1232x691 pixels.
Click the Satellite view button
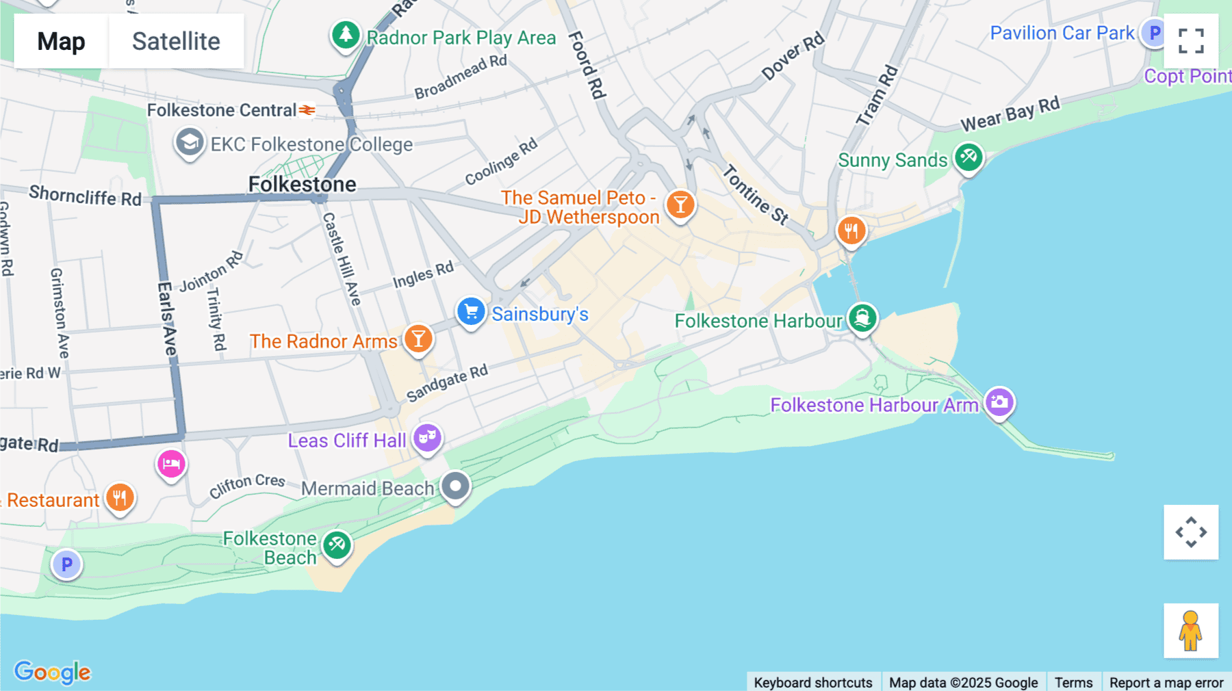176,41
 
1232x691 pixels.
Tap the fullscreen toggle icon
1191,41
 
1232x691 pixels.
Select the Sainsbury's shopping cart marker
471,312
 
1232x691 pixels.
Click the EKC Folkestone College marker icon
189,143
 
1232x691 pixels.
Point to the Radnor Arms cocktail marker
418,339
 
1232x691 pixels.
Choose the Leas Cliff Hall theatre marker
427,437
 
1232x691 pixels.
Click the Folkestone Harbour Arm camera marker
999,402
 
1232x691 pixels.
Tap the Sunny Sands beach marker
968,157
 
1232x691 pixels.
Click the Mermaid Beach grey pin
455,486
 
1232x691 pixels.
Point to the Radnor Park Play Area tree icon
346,34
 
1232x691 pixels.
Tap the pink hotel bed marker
171,464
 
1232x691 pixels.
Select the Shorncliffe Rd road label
85,196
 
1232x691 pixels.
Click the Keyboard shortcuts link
813,682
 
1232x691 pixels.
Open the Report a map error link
1166,682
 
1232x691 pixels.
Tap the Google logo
53,672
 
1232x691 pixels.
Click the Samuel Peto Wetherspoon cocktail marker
680,204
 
